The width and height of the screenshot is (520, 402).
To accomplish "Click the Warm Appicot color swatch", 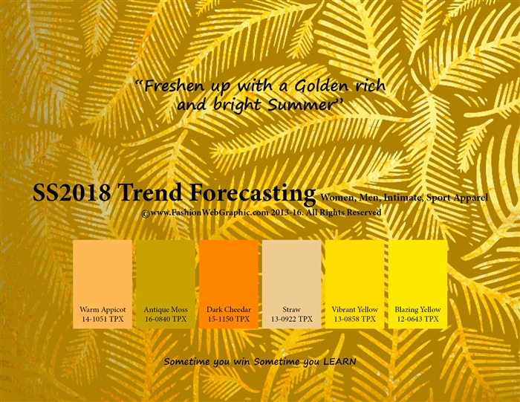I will coord(103,271).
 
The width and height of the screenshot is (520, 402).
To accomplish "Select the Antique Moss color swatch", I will coord(166,271).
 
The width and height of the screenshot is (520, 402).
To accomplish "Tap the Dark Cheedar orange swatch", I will coord(229,271).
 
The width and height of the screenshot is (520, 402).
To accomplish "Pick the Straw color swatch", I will coord(292,271).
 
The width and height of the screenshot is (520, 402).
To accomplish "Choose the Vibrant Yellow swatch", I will coord(355,271).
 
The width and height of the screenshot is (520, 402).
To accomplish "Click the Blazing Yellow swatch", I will coord(417,271).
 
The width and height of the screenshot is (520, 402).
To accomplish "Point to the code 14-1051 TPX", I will coord(103,319).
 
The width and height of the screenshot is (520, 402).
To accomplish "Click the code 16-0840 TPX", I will coord(166,319).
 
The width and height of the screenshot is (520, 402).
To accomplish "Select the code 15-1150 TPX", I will coord(229,319).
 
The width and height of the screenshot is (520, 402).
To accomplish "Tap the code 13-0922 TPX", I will coord(292,319).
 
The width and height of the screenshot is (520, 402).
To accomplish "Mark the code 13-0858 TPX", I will coord(355,319).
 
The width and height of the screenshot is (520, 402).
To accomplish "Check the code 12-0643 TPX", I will coord(417,319).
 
